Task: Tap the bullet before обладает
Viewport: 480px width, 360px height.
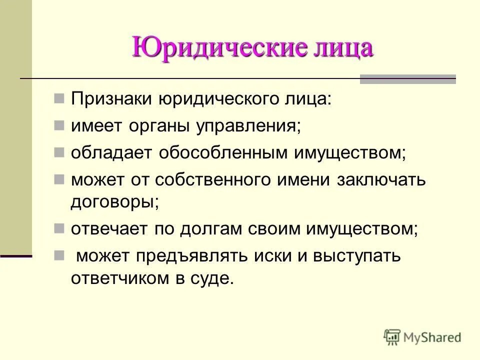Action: [59, 151]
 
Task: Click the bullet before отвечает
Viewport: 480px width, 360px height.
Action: [59, 227]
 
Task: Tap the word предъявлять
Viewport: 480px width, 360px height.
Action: [193, 256]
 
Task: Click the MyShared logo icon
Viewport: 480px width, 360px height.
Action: [392, 337]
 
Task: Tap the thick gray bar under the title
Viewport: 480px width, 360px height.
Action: [408, 79]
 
